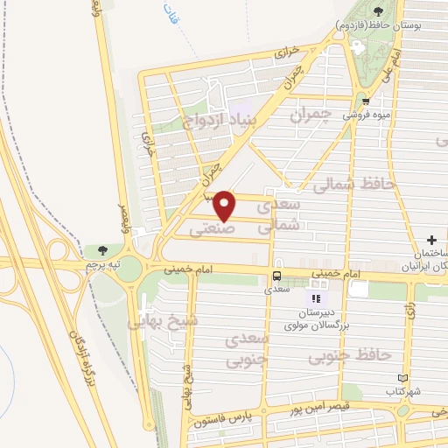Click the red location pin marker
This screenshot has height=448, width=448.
pos(225,205)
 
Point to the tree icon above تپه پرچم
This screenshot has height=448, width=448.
pos(103,250)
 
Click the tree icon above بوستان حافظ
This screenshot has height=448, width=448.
pos(378,12)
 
